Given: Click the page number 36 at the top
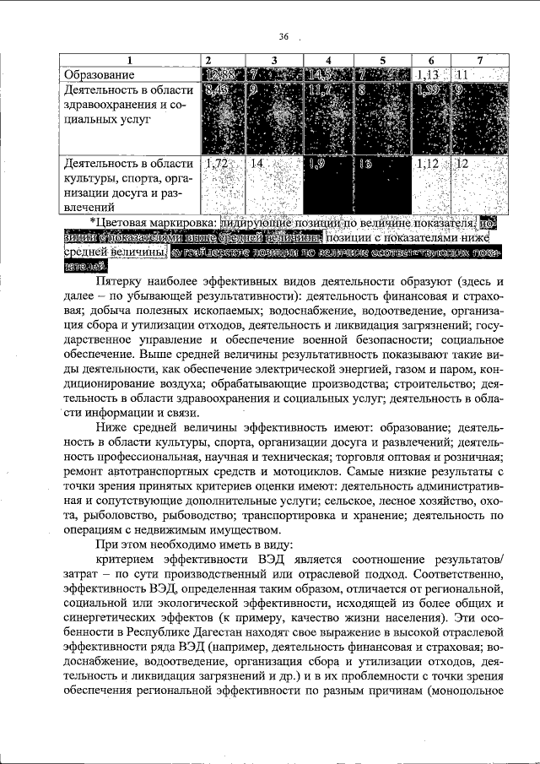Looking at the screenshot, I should coord(283,36).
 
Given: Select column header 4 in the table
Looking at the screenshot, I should coord(328,60).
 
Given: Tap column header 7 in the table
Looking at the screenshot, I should coord(478,60).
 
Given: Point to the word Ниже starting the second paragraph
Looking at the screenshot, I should coord(111,427).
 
